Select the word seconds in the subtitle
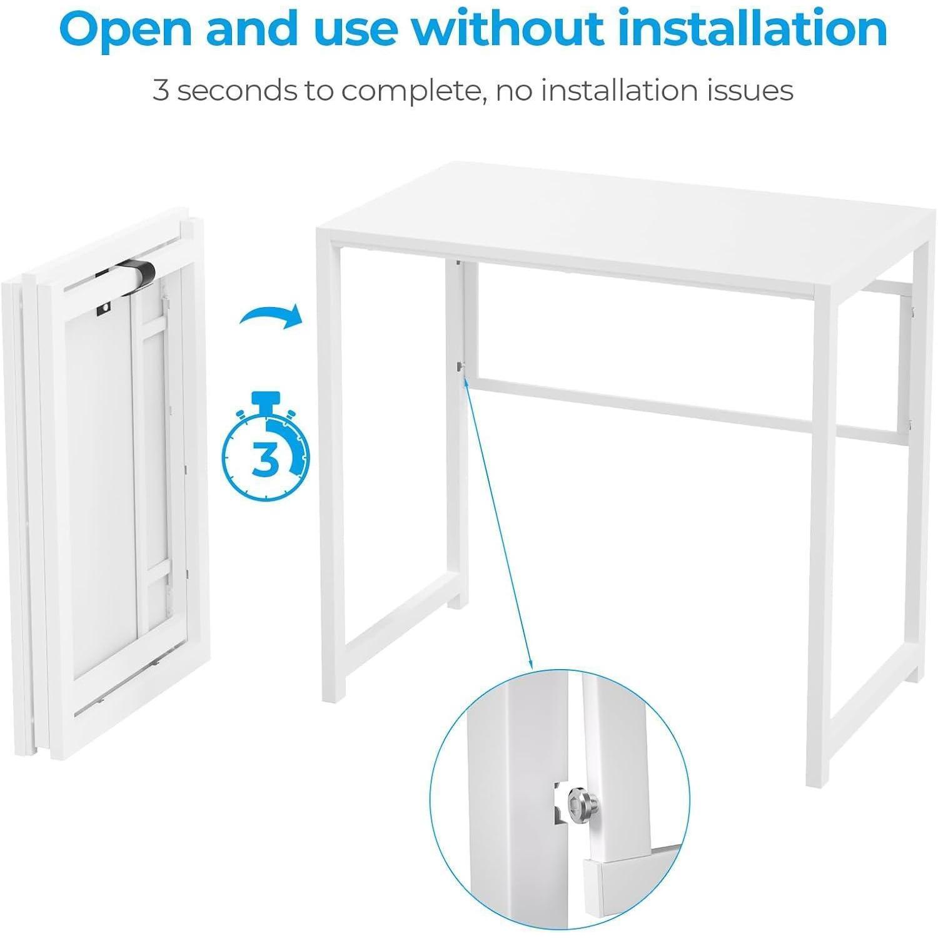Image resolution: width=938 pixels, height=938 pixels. click(x=237, y=91)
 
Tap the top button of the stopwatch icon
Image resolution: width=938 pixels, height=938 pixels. click(x=266, y=401)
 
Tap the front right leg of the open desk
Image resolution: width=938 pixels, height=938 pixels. click(x=819, y=532)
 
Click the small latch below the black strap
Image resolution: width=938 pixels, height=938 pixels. click(x=104, y=309)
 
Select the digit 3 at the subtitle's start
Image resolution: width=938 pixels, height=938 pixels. click(x=161, y=91)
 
